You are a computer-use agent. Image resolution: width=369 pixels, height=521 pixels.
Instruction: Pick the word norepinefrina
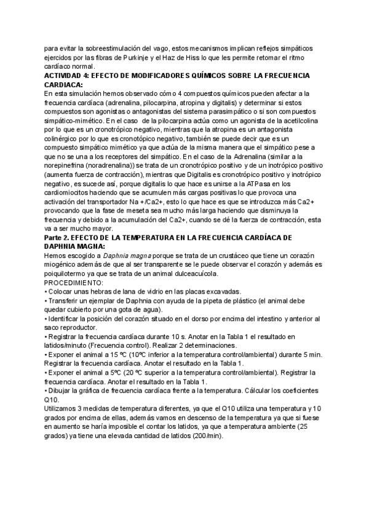tap(68, 166)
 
